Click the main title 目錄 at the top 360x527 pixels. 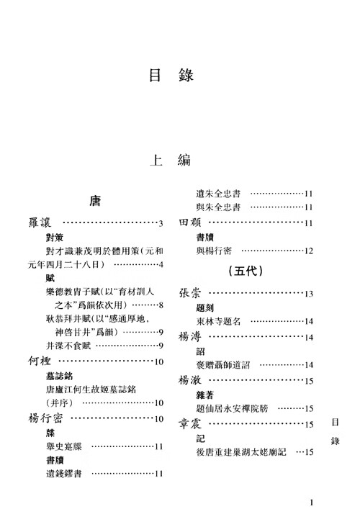[x=171, y=76]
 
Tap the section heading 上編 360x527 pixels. [x=170, y=160]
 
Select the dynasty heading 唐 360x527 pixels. [x=95, y=201]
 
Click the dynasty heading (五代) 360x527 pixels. [x=246, y=271]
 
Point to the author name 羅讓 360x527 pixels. [x=40, y=222]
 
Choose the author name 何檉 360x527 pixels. [x=40, y=361]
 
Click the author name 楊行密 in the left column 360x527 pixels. [x=45, y=418]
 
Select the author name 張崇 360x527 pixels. [x=189, y=293]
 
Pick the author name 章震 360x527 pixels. [x=190, y=423]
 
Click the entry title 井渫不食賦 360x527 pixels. [x=68, y=346]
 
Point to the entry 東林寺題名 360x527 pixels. [x=218, y=321]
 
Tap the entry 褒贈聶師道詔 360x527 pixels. [x=223, y=365]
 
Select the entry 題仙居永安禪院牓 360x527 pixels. [x=232, y=408]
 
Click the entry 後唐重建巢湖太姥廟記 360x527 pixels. [x=241, y=452]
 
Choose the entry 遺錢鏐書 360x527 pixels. [x=64, y=474]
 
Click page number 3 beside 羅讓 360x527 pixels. [x=161, y=223]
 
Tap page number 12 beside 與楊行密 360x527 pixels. [x=309, y=251]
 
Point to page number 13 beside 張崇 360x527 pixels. [x=309, y=294]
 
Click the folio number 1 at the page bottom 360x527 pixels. [x=311, y=503]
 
